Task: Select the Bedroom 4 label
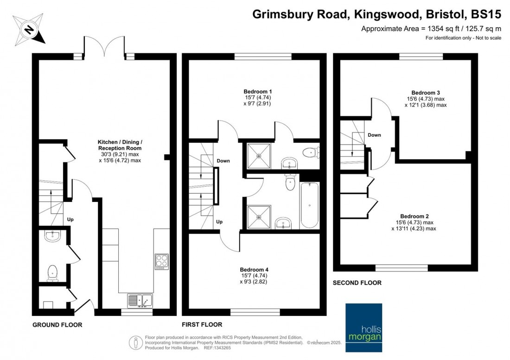(x=254, y=270)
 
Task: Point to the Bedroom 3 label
(x=425, y=92)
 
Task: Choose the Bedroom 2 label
(x=414, y=216)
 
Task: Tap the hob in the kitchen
(x=162, y=261)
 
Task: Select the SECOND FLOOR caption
(x=357, y=283)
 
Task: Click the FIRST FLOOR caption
(x=203, y=325)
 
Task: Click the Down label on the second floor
(x=374, y=135)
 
